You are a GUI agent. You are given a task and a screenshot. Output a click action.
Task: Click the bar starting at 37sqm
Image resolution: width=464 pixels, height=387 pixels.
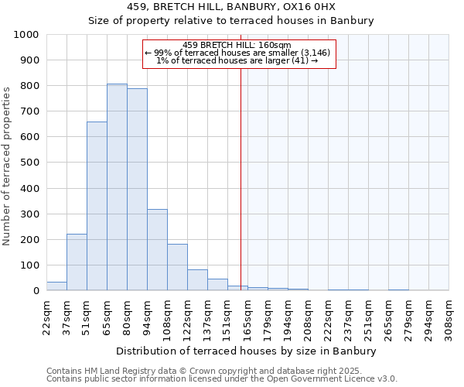pyautogui.click(x=77, y=262)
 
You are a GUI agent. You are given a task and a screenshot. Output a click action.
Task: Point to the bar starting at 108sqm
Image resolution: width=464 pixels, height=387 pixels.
pyautogui.click(x=177, y=268)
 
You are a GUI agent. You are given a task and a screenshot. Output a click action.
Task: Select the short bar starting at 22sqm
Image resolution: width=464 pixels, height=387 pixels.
pyautogui.click(x=56, y=286)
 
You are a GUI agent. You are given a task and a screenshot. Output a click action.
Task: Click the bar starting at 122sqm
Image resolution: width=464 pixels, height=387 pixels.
pyautogui.click(x=197, y=280)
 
